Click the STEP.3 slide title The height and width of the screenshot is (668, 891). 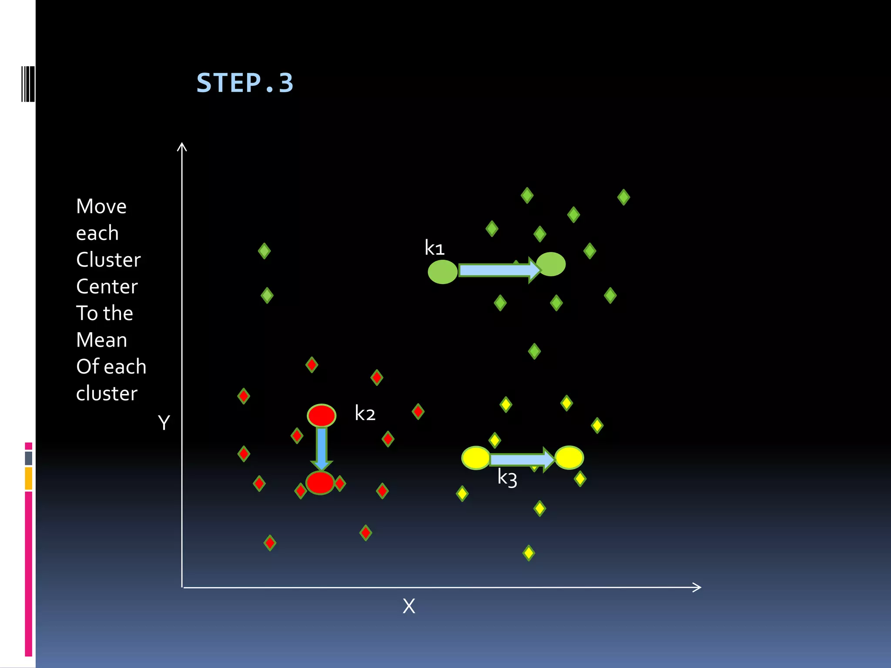pos(245,83)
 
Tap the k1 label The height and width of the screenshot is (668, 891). pos(434,248)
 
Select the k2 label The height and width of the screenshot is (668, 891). pos(365,413)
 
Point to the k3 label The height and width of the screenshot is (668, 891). pos(507,478)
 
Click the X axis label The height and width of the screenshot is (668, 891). pos(409,606)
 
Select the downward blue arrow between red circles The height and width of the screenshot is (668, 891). pos(322,448)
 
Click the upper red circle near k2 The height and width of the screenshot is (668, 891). pos(322,415)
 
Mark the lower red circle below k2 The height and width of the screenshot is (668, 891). pos(320,482)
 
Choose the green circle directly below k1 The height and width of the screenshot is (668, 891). pos(442,272)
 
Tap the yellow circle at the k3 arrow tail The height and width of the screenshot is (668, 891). pos(476,458)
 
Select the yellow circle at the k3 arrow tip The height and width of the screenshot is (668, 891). pos(569,458)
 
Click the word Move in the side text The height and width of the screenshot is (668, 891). pos(101,206)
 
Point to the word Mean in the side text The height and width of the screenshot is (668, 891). pos(101,340)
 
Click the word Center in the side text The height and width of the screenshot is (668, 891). pos(107,287)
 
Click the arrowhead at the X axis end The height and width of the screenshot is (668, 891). pos(697,587)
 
